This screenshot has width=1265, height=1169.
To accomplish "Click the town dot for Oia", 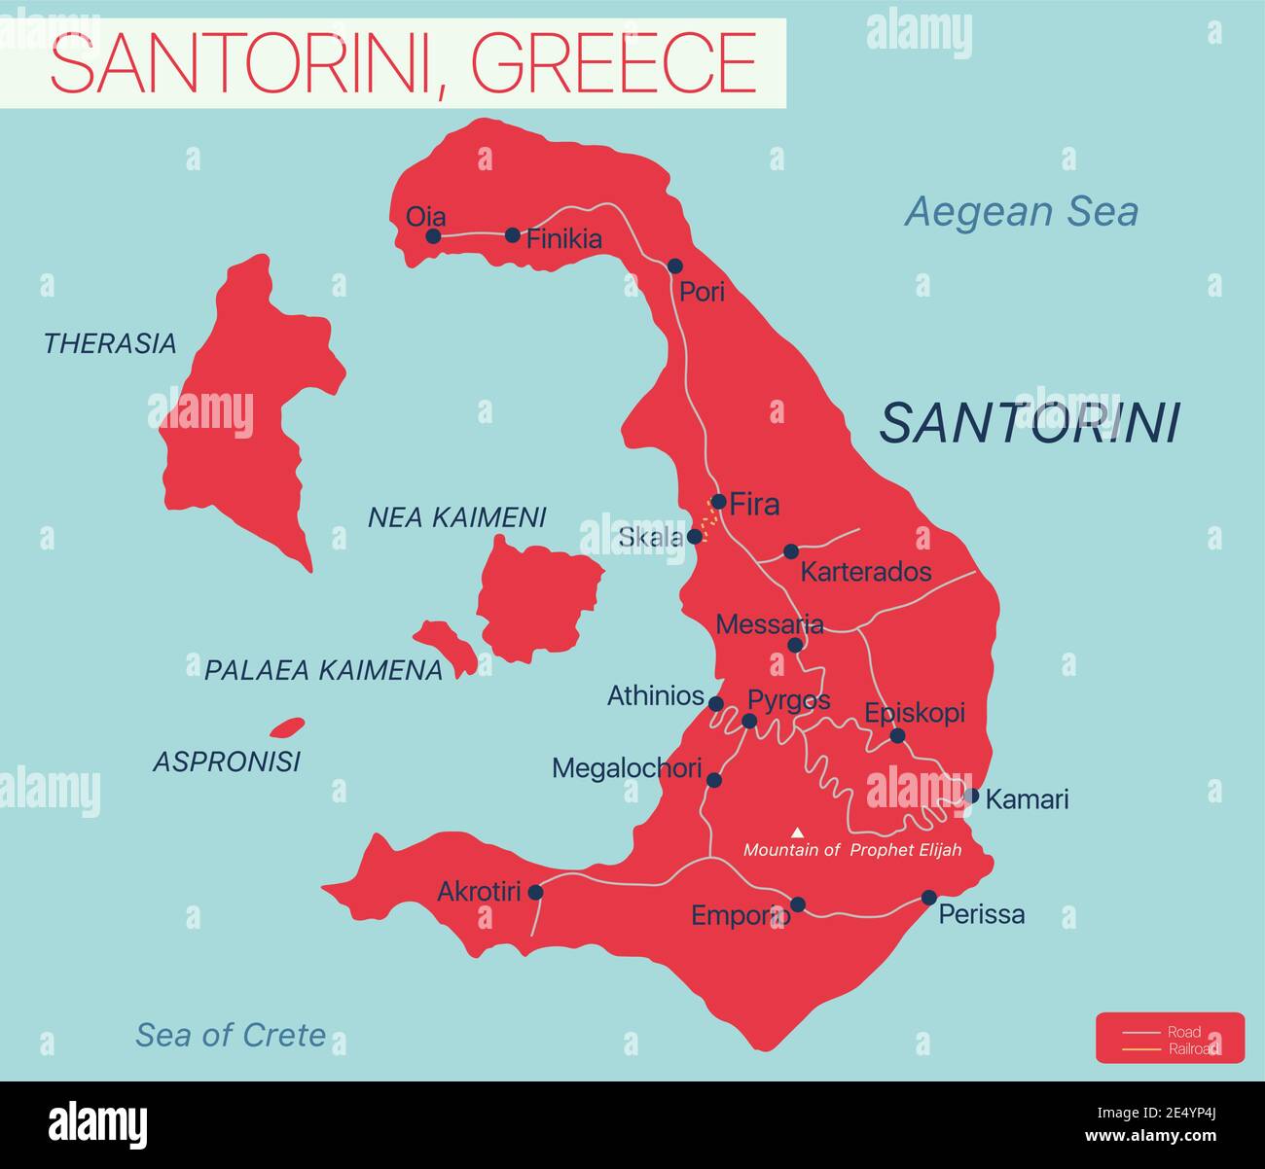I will click(x=433, y=235).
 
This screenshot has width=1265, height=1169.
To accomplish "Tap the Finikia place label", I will click(x=563, y=239).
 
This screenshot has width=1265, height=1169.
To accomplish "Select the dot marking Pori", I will click(x=675, y=266).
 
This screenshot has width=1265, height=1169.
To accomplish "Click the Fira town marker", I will click(x=718, y=502).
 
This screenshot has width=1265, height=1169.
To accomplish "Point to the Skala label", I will click(x=650, y=537).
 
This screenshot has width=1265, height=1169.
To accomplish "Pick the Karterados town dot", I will click(x=791, y=551).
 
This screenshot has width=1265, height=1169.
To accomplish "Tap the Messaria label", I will click(x=769, y=624).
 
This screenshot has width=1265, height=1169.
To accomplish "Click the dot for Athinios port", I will click(x=715, y=703).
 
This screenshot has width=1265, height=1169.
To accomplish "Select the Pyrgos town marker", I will click(x=749, y=721).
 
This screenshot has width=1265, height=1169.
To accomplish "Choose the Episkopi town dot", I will click(x=897, y=736).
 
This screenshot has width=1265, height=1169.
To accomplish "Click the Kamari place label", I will click(x=1027, y=799).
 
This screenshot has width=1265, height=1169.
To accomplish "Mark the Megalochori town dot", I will click(x=714, y=780).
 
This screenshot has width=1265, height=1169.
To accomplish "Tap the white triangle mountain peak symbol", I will click(x=798, y=832).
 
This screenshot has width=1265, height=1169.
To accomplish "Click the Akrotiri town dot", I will click(x=535, y=892).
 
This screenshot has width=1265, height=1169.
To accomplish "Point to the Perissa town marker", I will click(x=929, y=898).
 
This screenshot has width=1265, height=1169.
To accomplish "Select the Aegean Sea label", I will click(x=1021, y=212).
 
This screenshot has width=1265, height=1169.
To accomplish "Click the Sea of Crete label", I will click(x=231, y=1035).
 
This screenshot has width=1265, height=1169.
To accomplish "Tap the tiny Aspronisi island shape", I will click(x=287, y=727).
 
